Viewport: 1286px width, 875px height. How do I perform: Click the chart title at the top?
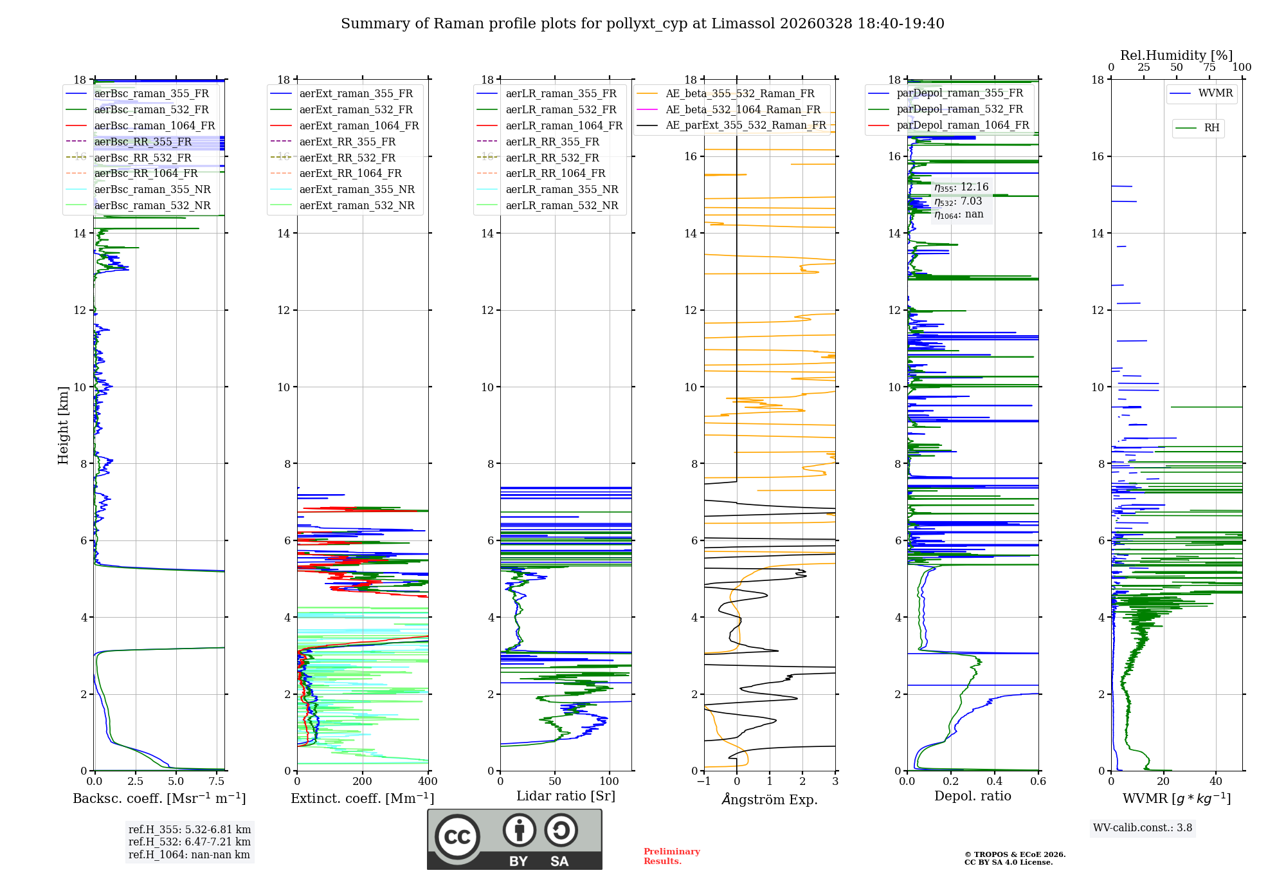[642, 24]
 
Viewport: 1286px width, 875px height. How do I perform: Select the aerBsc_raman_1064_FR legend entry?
[154, 125]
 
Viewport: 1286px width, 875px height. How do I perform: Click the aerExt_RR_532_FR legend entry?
[347, 158]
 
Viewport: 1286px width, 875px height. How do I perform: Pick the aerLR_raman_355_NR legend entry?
[561, 189]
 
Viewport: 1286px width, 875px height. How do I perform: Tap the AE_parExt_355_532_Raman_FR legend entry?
[745, 125]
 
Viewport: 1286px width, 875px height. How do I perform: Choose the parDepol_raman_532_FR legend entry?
[959, 109]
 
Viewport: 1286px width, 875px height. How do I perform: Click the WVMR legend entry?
[1215, 93]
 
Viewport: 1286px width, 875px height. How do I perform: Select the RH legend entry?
[1211, 128]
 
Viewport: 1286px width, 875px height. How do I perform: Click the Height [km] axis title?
[63, 425]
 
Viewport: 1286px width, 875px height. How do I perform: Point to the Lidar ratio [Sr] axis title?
[566, 796]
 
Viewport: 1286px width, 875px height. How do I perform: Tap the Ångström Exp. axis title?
[770, 799]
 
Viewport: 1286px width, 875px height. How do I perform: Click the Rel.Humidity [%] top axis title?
[1176, 55]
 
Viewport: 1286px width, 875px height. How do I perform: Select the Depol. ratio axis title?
[972, 796]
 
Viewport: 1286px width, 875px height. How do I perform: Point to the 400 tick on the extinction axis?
[428, 782]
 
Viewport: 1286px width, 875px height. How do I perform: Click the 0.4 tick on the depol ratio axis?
[994, 782]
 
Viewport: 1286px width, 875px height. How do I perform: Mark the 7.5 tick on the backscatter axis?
[217, 782]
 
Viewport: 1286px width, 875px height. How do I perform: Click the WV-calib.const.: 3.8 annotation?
[1143, 828]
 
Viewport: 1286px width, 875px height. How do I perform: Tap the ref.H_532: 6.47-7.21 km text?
[189, 842]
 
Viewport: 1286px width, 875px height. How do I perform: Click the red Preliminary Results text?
[671, 856]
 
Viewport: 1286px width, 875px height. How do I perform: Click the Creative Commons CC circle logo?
[457, 837]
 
